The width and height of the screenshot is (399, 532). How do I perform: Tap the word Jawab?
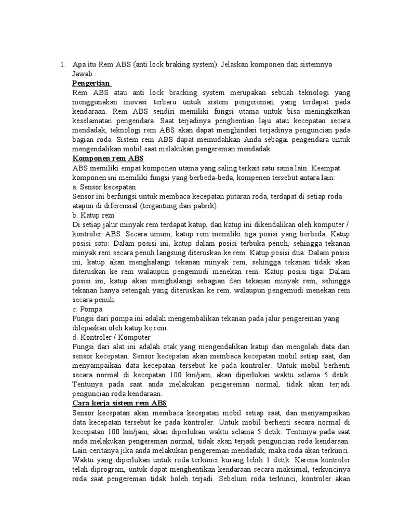tap(83, 74)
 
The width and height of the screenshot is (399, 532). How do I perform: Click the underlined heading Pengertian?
tap(91, 83)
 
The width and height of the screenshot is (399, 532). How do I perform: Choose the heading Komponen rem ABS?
tap(108, 158)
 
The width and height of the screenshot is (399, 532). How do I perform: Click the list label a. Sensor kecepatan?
tap(104, 187)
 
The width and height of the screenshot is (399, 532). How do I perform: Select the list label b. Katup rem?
tap(94, 215)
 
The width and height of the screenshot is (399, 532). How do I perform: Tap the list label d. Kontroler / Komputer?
tap(111, 337)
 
